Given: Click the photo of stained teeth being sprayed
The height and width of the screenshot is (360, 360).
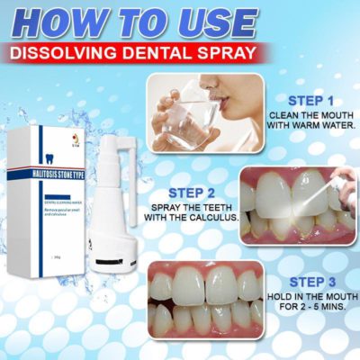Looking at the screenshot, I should click(x=297, y=202).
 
